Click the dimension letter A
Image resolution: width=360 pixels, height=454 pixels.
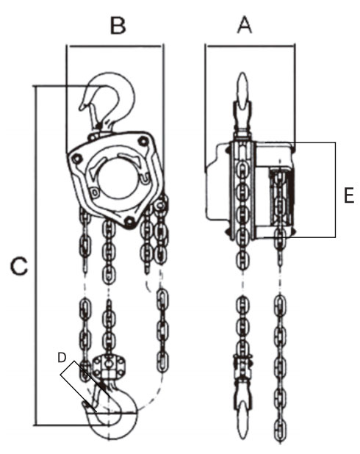(x=245, y=25)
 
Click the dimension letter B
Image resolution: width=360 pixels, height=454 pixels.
(x=118, y=26)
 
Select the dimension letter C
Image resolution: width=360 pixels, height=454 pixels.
(x=19, y=266)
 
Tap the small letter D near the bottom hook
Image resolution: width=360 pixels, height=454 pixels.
(x=62, y=358)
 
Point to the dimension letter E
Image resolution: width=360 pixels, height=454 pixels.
(x=349, y=195)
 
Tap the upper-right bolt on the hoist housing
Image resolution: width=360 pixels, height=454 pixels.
(x=143, y=141)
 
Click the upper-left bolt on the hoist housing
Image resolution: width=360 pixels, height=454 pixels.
(x=76, y=159)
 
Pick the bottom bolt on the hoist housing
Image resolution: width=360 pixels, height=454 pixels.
(x=129, y=222)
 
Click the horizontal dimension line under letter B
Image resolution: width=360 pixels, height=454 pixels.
(x=115, y=46)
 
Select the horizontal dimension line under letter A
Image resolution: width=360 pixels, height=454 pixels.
(x=250, y=46)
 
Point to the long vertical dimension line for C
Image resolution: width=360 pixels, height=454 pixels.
(x=36, y=256)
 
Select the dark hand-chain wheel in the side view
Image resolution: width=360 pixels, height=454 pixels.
(x=281, y=198)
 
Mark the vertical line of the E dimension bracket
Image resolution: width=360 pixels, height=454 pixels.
(x=335, y=190)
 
